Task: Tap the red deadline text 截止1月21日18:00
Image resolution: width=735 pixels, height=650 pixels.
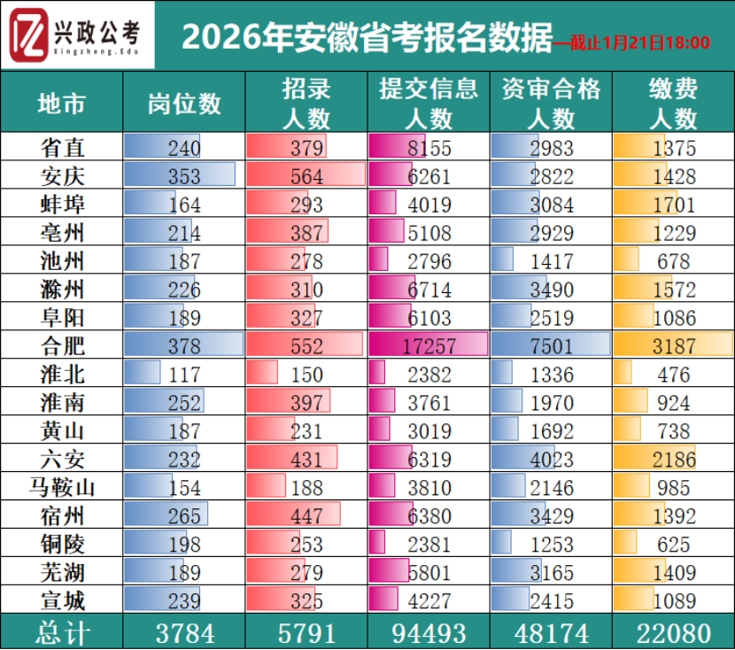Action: tap(631, 43)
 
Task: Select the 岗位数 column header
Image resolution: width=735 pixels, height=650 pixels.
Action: tap(184, 104)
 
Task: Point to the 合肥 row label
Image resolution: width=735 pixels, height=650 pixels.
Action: tap(62, 346)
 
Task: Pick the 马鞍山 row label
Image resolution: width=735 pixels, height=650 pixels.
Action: tap(62, 488)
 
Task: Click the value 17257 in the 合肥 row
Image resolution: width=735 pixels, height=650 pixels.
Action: tap(429, 346)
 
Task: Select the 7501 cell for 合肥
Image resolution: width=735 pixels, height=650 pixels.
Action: tap(552, 346)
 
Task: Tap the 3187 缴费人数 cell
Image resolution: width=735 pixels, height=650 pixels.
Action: tap(674, 346)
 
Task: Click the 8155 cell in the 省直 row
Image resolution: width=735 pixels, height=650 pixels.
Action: tap(429, 148)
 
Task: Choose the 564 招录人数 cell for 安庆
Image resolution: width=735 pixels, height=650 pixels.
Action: tap(306, 176)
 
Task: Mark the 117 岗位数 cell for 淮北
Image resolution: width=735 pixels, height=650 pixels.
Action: tap(184, 375)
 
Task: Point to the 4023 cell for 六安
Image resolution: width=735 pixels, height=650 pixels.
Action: tap(552, 460)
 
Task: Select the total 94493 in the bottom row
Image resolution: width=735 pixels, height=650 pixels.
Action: tap(429, 633)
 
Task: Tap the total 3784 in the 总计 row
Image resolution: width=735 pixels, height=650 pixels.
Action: tap(184, 633)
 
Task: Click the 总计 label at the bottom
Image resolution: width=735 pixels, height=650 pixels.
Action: tap(62, 633)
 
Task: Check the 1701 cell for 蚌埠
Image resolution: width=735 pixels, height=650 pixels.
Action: tap(674, 205)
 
